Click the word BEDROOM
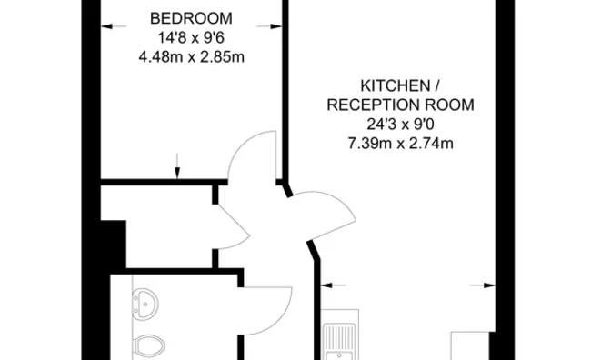pyautogui.click(x=191, y=18)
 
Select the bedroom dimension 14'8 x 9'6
pyautogui.click(x=191, y=37)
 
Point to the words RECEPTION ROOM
pyautogui.click(x=401, y=105)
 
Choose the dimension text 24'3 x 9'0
pyautogui.click(x=401, y=124)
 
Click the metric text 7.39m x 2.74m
pyautogui.click(x=401, y=143)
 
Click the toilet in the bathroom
pyautogui.click(x=151, y=346)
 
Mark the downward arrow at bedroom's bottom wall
pyautogui.click(x=177, y=168)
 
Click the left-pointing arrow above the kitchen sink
pyautogui.click(x=328, y=285)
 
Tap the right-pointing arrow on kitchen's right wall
pyautogui.click(x=477, y=285)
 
